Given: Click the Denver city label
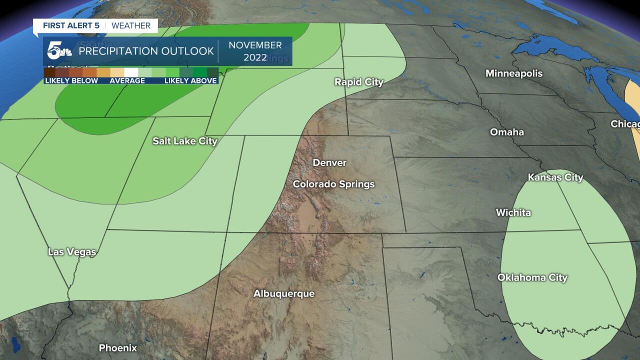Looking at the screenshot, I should click(329, 163).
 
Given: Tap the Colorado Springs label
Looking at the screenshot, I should click(333, 184).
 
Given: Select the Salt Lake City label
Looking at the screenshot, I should click(185, 141).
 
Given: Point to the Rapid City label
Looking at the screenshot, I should click(358, 82).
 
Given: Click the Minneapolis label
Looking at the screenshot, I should click(513, 73).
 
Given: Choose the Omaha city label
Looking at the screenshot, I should click(506, 132).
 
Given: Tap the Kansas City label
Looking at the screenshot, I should click(555, 177).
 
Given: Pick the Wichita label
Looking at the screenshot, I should click(513, 213).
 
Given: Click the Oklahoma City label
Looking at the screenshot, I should click(532, 278).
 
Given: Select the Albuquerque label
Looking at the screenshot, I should click(284, 294).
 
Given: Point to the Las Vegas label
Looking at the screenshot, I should click(72, 252).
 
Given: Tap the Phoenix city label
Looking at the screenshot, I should click(117, 348).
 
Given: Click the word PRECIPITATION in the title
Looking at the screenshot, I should click(118, 51).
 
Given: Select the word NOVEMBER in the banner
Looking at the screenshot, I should click(255, 45).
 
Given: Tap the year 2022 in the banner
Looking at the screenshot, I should click(255, 57).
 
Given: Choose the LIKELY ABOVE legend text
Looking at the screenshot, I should click(190, 81).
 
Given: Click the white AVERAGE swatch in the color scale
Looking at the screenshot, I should click(130, 72).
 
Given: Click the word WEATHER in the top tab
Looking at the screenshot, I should click(131, 25).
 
